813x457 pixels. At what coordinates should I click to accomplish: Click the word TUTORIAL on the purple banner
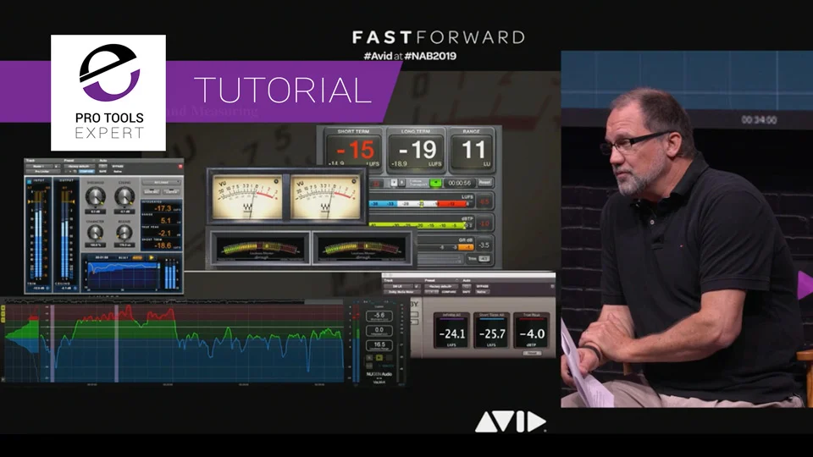click(283, 89)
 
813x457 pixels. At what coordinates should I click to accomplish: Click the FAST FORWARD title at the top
click(438, 36)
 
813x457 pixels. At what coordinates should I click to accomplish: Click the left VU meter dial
click(246, 195)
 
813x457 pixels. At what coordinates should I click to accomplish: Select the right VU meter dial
click(325, 195)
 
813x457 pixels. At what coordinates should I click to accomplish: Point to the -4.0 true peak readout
click(531, 333)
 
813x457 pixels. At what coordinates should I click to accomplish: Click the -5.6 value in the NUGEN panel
click(379, 315)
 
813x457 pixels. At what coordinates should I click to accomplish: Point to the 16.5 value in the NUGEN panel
click(379, 345)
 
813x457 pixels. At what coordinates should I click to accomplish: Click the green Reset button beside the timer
click(435, 182)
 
